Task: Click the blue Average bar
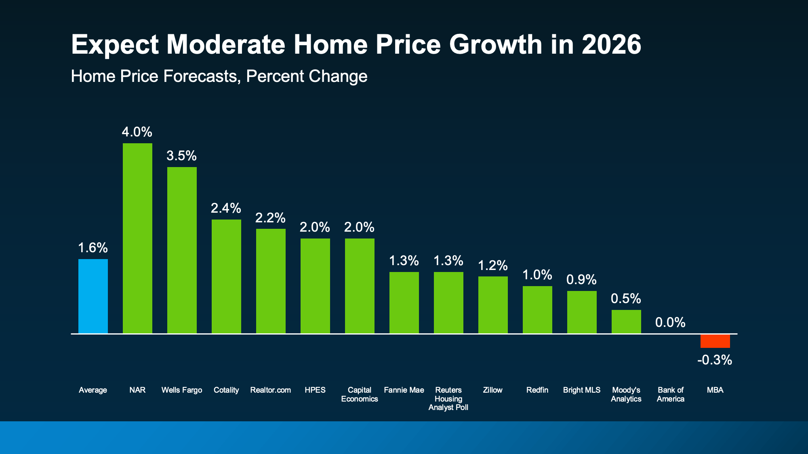[93, 296]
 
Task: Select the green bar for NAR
[137, 238]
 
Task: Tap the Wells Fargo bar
[182, 250]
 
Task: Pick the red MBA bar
[715, 341]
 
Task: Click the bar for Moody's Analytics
[626, 322]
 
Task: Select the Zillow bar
[493, 305]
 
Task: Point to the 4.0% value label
[137, 132]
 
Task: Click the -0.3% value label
[715, 360]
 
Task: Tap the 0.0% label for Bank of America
[670, 322]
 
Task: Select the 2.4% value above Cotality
[226, 208]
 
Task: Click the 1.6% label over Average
[93, 248]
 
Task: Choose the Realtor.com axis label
[270, 390]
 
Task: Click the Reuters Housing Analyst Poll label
[448, 399]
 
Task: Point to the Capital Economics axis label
[359, 395]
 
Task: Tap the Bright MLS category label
[582, 390]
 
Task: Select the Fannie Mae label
[404, 390]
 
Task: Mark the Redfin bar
[537, 310]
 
